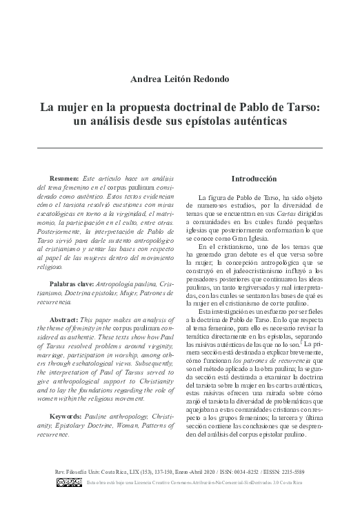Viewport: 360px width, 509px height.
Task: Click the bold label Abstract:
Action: (64, 321)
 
